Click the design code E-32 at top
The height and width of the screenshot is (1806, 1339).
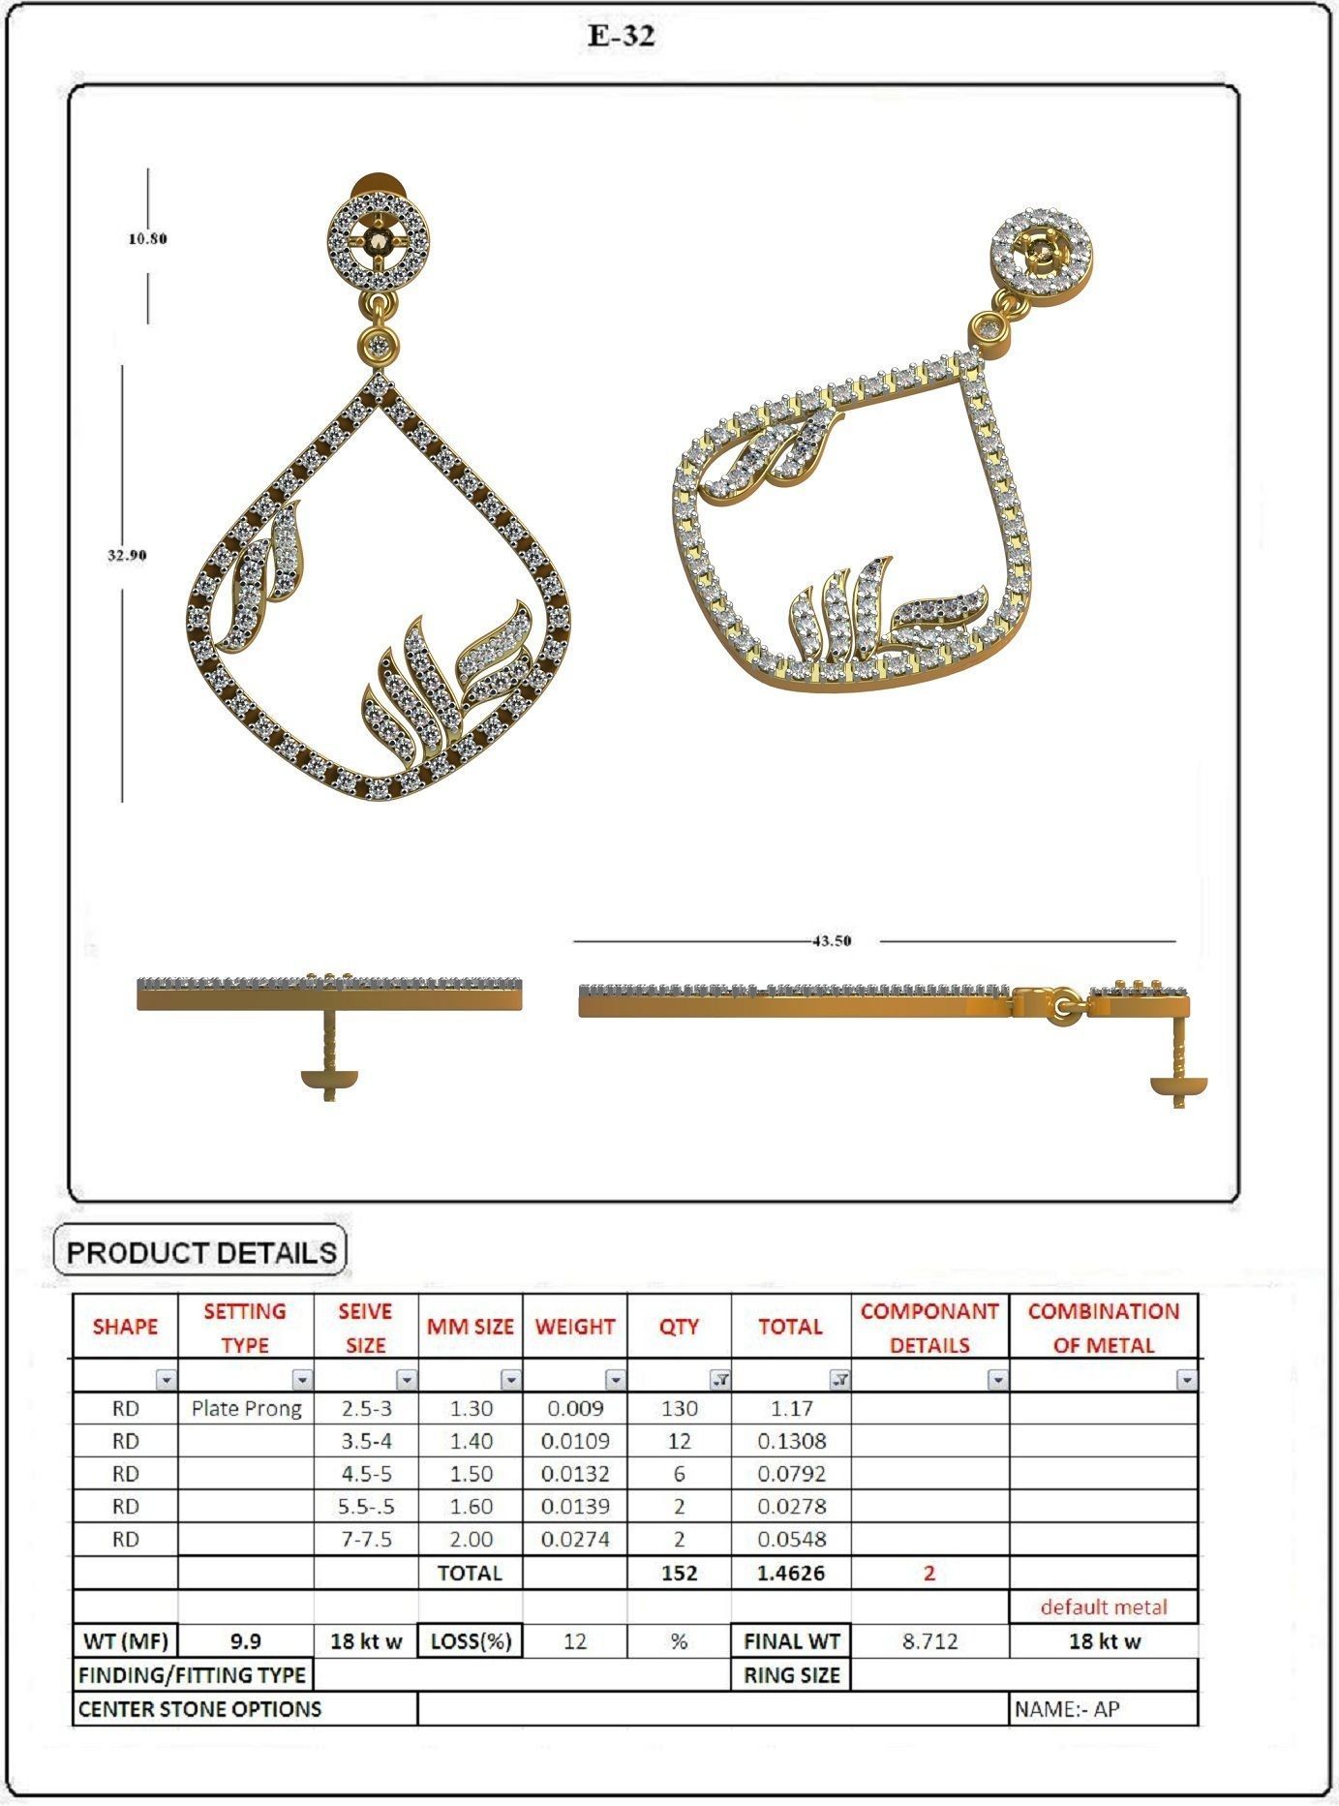622,37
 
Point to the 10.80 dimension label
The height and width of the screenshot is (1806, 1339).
148,238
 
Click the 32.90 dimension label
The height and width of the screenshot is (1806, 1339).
127,555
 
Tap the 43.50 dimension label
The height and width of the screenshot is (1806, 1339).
832,940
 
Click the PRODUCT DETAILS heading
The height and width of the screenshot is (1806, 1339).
200,1252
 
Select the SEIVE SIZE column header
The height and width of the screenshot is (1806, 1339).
365,1328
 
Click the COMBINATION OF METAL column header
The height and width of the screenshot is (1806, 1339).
1103,1328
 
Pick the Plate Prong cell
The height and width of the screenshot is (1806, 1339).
246,1409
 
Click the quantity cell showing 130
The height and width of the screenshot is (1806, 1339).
679,1409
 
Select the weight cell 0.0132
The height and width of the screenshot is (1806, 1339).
575,1474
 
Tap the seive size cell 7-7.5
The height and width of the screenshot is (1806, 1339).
366,1539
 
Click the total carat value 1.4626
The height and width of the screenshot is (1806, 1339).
791,1573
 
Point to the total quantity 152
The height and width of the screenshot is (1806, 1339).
679,1573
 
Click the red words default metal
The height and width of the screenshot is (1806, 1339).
1104,1607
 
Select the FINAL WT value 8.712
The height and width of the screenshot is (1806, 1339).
929,1641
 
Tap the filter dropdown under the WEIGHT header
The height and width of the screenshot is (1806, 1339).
615,1380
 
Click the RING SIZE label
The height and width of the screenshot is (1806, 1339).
791,1675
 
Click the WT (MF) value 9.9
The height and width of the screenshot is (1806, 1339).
246,1641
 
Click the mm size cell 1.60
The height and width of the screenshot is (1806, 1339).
471,1507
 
